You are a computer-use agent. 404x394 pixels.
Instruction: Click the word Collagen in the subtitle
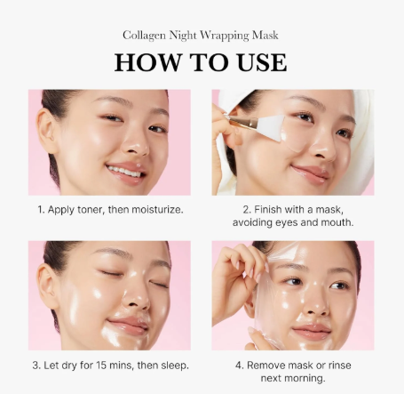tap(144, 36)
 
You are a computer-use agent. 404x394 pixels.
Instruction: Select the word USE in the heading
tap(262, 62)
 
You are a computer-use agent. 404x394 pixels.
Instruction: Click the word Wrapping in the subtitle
tap(225, 36)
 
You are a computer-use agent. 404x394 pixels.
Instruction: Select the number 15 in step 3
tap(101, 366)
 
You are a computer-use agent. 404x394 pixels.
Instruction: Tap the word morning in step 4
tap(305, 379)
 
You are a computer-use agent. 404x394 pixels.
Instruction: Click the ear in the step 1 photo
tap(46, 131)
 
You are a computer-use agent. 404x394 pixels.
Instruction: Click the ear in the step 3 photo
tap(47, 285)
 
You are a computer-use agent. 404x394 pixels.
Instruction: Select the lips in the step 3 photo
tap(128, 325)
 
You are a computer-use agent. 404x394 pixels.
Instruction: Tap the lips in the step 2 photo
tap(311, 173)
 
